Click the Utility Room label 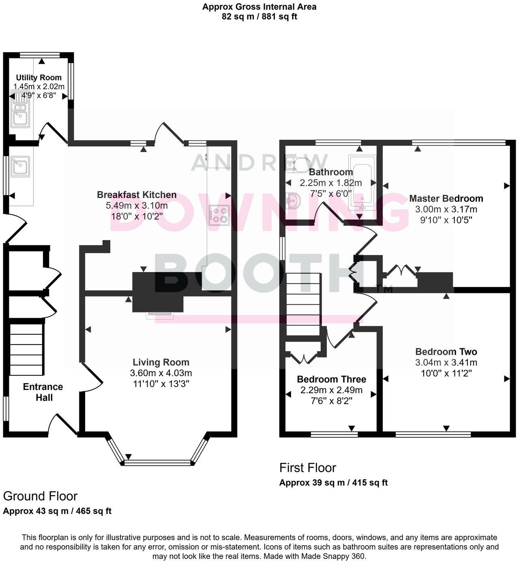39,77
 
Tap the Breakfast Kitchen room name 137,195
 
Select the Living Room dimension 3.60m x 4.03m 161,373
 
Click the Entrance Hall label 43,392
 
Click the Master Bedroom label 446,199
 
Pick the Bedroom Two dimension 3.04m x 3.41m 446,362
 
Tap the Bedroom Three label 331,379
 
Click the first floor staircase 304,304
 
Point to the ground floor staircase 26,349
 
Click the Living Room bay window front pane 157,462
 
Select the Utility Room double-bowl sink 19,109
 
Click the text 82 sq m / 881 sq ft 259,17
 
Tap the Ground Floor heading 40,496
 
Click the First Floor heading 308,468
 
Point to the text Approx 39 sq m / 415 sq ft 333,483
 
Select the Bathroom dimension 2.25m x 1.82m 330,183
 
